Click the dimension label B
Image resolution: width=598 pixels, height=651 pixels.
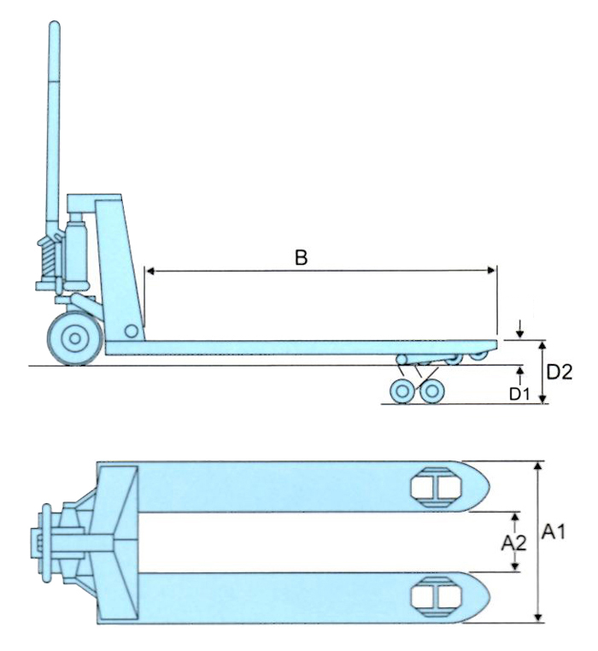pyautogui.click(x=301, y=256)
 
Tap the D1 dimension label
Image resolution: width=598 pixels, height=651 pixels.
pyautogui.click(x=520, y=394)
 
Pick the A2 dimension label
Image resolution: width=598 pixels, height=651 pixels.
pyautogui.click(x=513, y=542)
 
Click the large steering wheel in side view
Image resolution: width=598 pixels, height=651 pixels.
pyautogui.click(x=75, y=339)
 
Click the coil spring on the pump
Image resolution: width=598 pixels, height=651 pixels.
pyautogui.click(x=47, y=253)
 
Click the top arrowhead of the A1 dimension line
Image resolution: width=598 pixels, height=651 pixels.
pyautogui.click(x=537, y=466)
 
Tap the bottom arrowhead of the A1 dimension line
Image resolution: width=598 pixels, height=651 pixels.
pyautogui.click(x=537, y=617)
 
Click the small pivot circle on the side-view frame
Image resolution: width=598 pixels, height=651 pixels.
pyautogui.click(x=130, y=331)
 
